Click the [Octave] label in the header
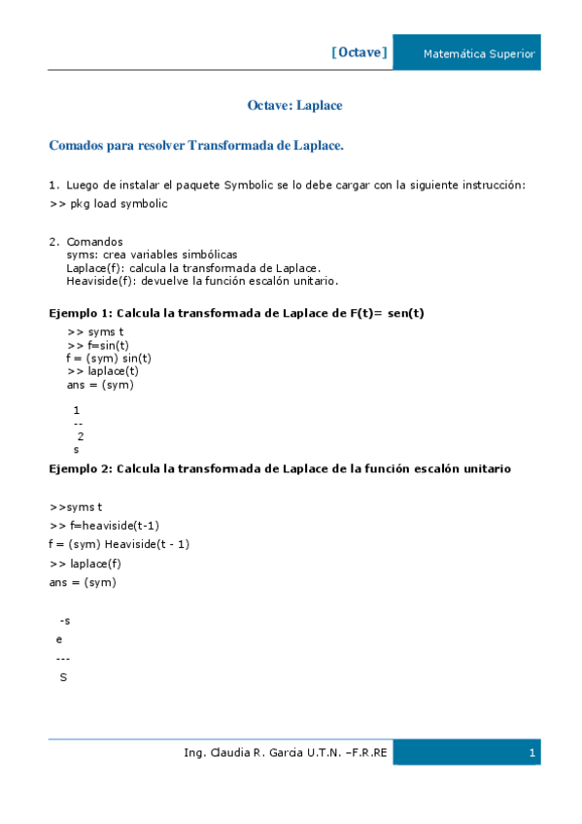click(x=359, y=52)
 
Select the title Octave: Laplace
click(x=294, y=105)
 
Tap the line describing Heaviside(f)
click(x=202, y=281)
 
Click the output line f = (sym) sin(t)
click(x=109, y=358)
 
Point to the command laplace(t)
click(x=103, y=370)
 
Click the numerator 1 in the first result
click(x=77, y=410)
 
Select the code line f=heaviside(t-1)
click(x=104, y=526)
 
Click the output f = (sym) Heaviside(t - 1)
click(x=119, y=544)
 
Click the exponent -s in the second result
click(x=64, y=620)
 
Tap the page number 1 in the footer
click(x=532, y=753)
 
